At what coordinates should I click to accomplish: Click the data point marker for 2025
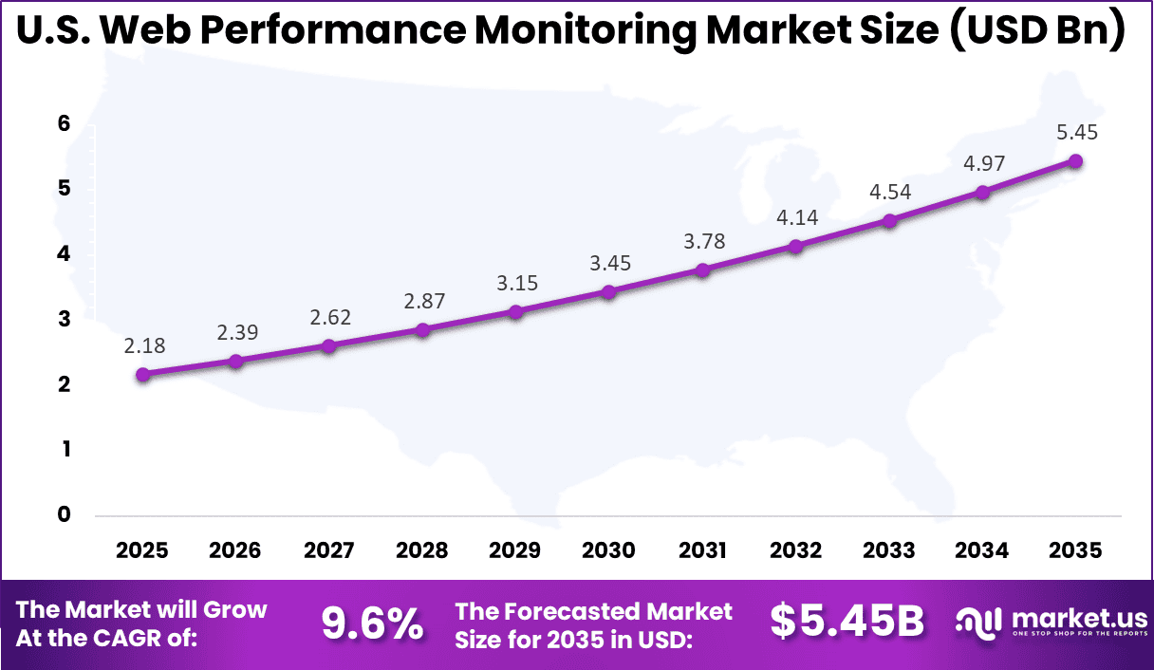[x=143, y=375]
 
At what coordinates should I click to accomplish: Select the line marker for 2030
[x=609, y=291]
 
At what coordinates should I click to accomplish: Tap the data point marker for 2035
[x=1075, y=161]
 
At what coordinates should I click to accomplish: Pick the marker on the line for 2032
[x=795, y=247]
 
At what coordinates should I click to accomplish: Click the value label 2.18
[x=143, y=346]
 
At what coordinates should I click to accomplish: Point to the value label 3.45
[x=609, y=263]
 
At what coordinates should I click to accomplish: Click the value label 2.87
[x=423, y=301]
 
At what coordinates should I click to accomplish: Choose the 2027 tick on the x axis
[x=329, y=551]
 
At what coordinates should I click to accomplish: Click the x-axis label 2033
[x=889, y=551]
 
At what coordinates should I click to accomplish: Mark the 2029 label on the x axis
[x=516, y=551]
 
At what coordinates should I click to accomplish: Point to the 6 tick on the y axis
[x=65, y=123]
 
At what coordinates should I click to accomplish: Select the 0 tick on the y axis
[x=65, y=515]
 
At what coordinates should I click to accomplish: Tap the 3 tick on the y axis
[x=65, y=320]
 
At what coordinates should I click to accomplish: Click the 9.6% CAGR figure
[x=371, y=623]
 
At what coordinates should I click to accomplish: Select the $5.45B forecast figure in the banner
[x=847, y=623]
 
